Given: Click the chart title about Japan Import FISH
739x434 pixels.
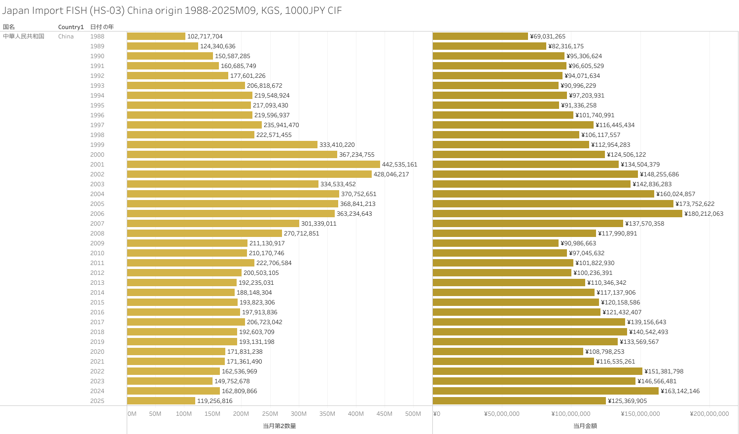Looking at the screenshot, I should point(172,10).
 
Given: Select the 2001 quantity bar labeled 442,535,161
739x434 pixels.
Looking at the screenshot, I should point(253,165).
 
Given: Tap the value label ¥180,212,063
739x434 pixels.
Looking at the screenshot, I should point(704,214).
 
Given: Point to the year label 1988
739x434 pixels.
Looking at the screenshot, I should point(97,36).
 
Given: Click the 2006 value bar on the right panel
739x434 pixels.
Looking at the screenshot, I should point(557,214).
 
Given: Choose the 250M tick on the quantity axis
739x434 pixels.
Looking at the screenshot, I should point(270,414).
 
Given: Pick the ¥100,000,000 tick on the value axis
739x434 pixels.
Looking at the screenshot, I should point(571,414).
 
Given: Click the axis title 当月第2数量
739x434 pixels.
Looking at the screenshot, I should point(280,426).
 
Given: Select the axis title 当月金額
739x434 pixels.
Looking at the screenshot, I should point(585,426).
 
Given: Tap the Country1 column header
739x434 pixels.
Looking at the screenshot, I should point(71,27).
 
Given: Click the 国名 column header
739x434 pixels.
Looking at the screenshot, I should point(9,27).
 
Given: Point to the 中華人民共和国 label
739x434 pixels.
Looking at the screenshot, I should point(24,36).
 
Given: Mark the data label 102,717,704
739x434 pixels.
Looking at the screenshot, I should point(205,36).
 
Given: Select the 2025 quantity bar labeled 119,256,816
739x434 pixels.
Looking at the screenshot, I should point(161,401).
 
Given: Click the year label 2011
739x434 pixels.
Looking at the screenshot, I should point(97,263).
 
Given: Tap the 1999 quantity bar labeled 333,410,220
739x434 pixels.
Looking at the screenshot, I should point(222,145).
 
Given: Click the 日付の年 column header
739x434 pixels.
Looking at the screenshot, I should point(102,27).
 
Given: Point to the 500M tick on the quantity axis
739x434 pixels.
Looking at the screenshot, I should point(413,414).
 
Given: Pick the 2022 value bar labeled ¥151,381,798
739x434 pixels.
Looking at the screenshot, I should point(537,371).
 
